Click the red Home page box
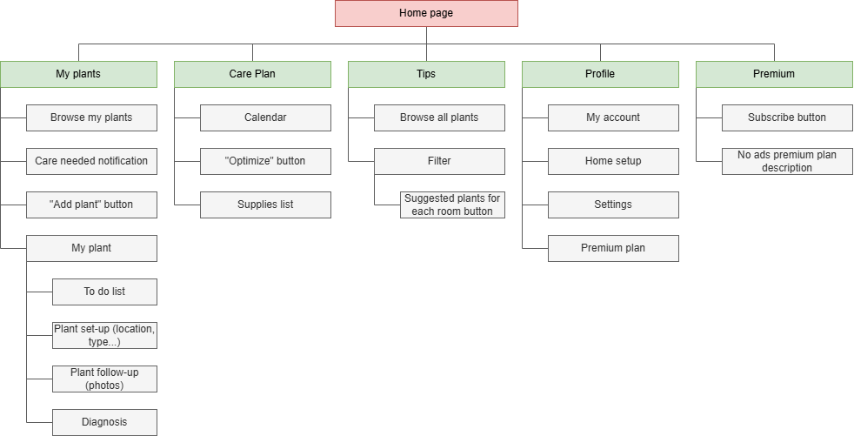click(x=426, y=13)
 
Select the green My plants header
click(x=78, y=74)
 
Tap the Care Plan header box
click(x=252, y=74)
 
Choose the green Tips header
click(x=426, y=74)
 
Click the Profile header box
click(x=600, y=74)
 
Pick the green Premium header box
click(x=774, y=74)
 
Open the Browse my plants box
click(x=91, y=117)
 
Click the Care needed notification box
click(x=91, y=161)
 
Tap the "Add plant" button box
click(x=91, y=205)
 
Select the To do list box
click(x=104, y=292)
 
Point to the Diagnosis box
click(x=104, y=422)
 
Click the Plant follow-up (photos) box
click(x=104, y=379)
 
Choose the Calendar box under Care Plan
click(x=265, y=117)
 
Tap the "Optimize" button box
click(x=265, y=161)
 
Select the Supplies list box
click(x=265, y=205)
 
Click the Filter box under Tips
click(x=439, y=161)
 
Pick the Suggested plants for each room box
click(x=452, y=205)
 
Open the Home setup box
click(x=613, y=161)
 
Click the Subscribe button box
click(x=787, y=117)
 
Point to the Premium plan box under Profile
click(x=613, y=248)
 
